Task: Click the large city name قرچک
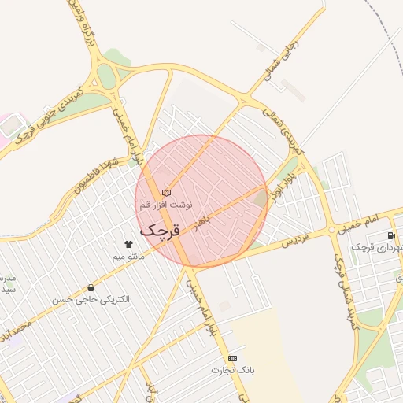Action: [x=161, y=231]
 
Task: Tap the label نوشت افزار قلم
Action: [x=166, y=205]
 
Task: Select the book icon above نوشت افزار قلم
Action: [x=166, y=193]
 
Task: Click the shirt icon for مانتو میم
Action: [x=129, y=244]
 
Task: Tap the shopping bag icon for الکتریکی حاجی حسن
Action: [x=93, y=287]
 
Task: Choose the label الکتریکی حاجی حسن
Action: [x=91, y=300]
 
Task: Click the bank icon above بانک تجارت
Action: [x=232, y=358]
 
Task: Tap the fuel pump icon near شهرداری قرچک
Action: [x=391, y=235]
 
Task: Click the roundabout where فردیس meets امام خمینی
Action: [x=331, y=231]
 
